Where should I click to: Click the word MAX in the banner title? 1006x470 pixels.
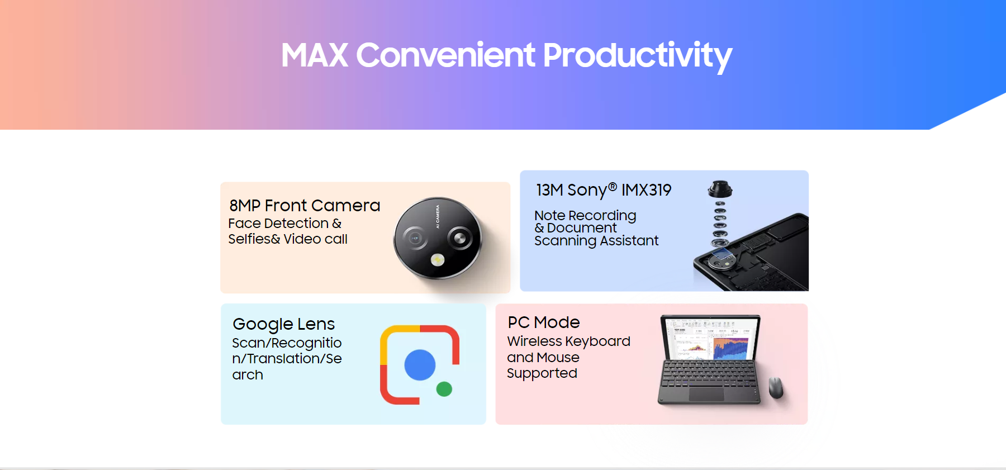pos(315,55)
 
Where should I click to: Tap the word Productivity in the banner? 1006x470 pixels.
pos(637,56)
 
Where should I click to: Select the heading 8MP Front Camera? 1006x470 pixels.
pos(305,206)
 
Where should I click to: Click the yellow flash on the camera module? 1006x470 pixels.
pos(438,259)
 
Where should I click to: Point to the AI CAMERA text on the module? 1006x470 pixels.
pos(438,216)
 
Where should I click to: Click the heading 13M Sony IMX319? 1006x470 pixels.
pos(604,190)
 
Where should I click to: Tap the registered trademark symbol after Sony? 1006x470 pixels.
pos(613,187)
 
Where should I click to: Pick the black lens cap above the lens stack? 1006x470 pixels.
pos(720,189)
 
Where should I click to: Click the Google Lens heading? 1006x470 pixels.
pos(283,324)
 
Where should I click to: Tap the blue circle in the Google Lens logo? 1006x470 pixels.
pos(420,365)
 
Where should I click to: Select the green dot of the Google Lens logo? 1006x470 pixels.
pos(444,389)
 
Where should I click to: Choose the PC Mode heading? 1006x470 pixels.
pos(544,322)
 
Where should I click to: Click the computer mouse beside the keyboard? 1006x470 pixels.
pos(776,387)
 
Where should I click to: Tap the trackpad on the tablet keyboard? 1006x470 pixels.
pos(706,393)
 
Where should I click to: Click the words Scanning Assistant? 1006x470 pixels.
pos(596,241)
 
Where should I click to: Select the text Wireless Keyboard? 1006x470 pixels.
pos(568,341)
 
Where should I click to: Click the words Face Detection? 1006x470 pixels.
pos(278,224)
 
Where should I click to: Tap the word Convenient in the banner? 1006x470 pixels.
pos(446,55)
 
